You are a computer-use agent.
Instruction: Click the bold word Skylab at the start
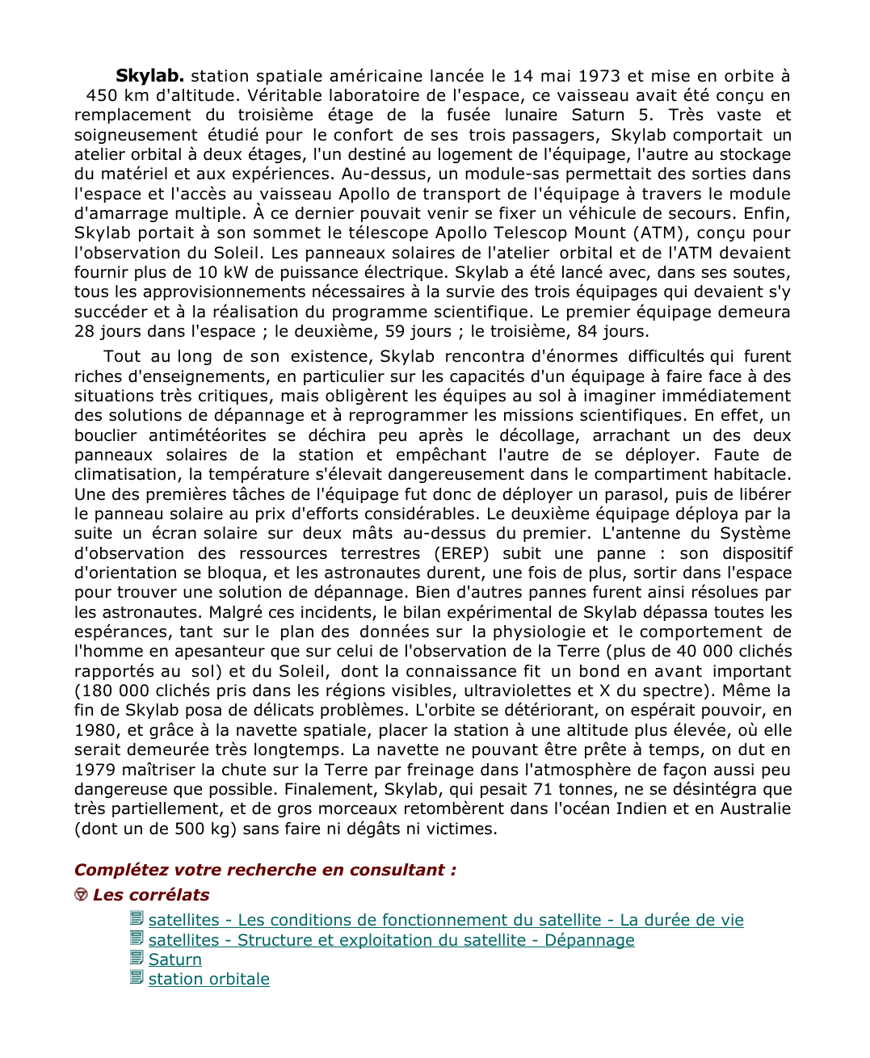click(x=149, y=76)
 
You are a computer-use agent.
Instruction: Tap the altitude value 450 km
click(x=117, y=95)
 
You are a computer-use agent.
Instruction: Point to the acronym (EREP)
click(x=461, y=553)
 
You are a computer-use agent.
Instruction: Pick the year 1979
click(x=95, y=770)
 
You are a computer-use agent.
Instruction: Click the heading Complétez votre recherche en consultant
click(x=265, y=870)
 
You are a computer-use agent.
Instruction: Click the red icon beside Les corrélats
click(x=81, y=895)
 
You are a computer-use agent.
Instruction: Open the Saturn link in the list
click(x=175, y=959)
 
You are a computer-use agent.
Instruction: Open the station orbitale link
click(x=209, y=979)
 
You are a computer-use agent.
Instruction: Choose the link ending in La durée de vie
click(x=446, y=920)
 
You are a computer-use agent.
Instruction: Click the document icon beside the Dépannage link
click(x=137, y=939)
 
